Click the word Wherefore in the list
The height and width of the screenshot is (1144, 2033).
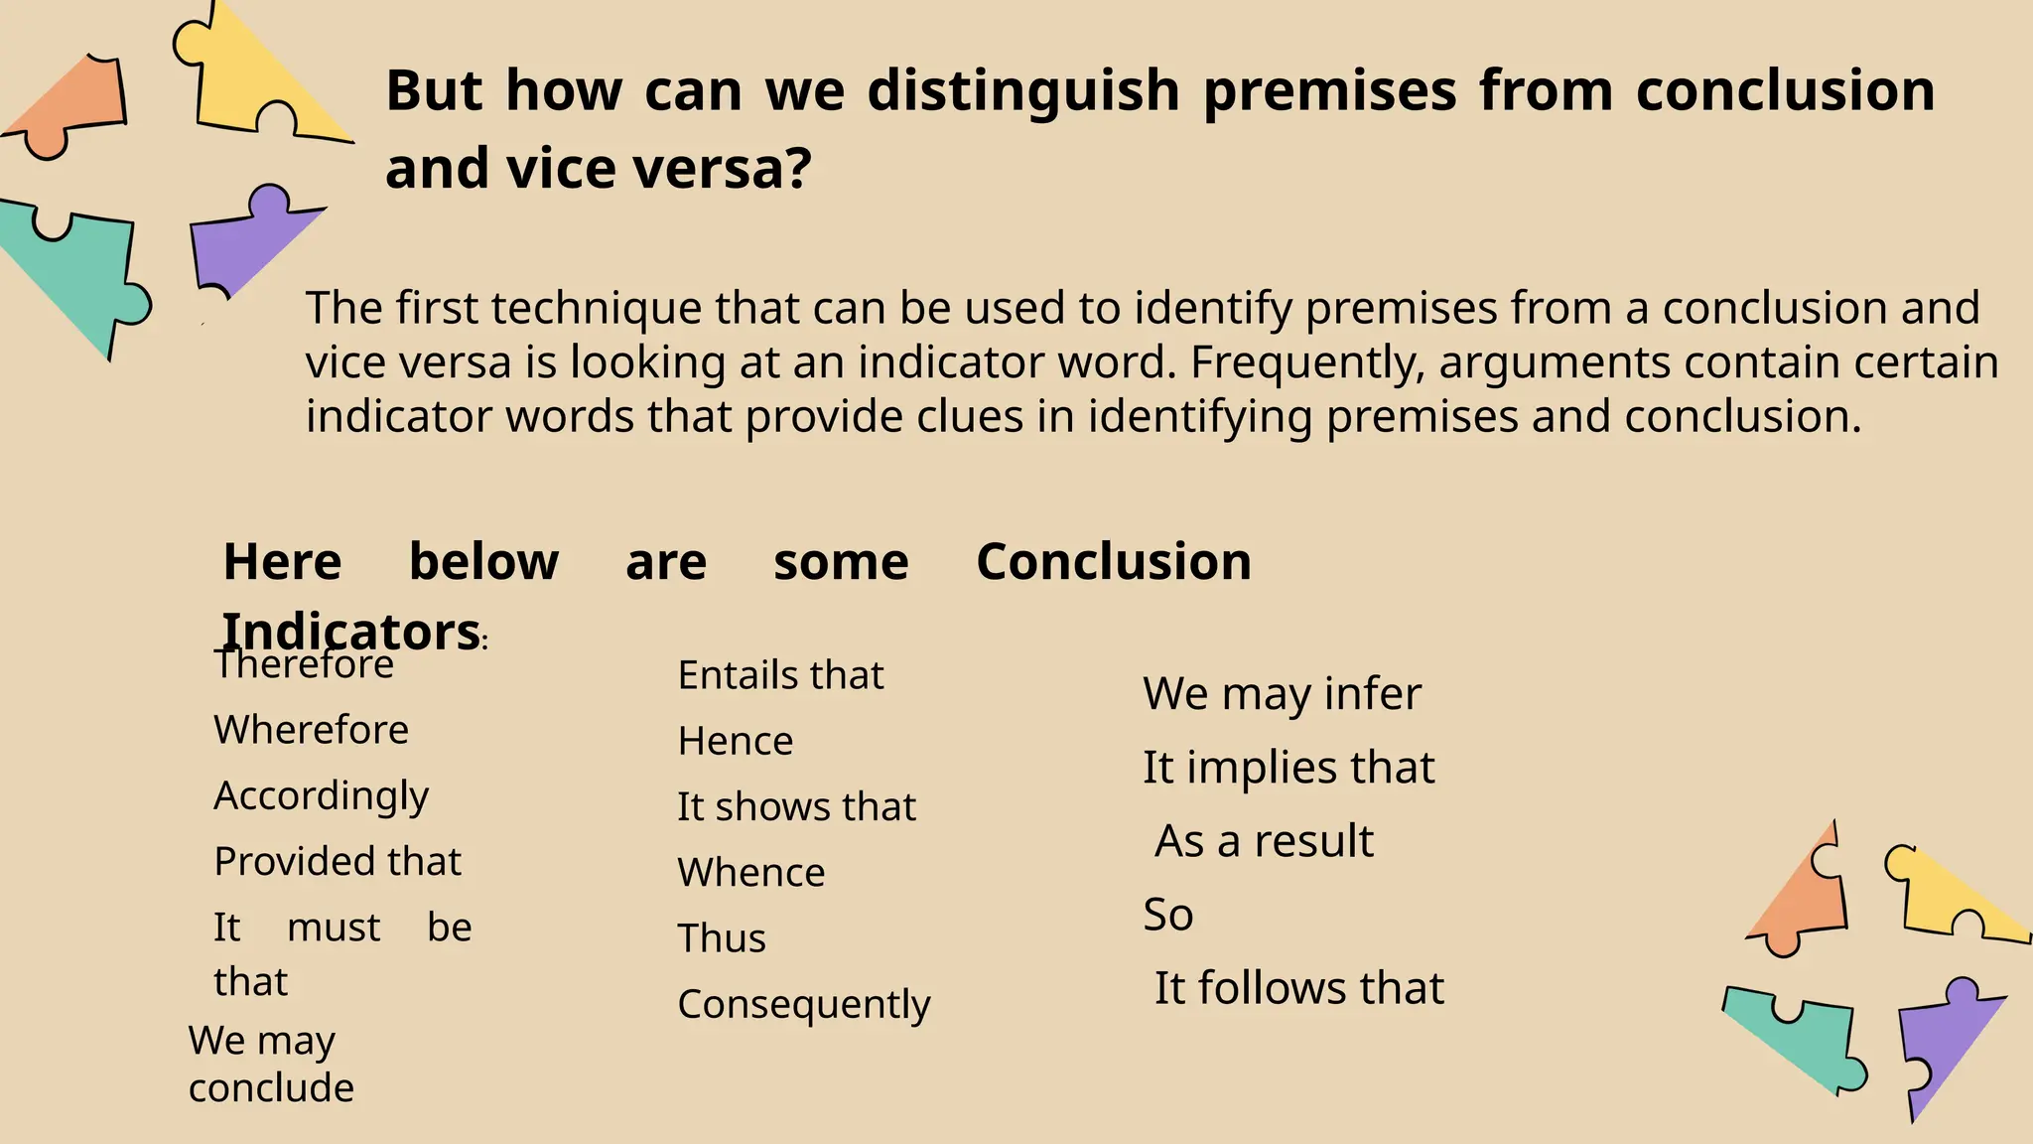[311, 730]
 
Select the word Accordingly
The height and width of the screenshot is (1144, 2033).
[321, 796]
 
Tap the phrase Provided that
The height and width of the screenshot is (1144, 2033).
[338, 862]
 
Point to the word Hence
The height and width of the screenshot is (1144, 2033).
[736, 742]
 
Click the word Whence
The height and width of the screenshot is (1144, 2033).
[751, 873]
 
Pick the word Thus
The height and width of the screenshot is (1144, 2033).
[722, 938]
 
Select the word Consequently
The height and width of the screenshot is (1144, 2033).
[804, 1005]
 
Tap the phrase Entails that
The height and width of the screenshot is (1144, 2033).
[780, 675]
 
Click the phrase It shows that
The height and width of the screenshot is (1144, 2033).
[796, 807]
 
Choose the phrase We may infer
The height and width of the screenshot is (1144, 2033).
[1282, 694]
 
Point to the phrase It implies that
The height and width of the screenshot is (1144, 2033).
[1288, 768]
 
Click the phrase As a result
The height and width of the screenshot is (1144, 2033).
[1264, 841]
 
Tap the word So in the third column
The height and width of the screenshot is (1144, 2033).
[1167, 915]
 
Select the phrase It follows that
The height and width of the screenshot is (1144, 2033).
[1298, 988]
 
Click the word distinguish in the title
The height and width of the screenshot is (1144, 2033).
[1023, 90]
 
